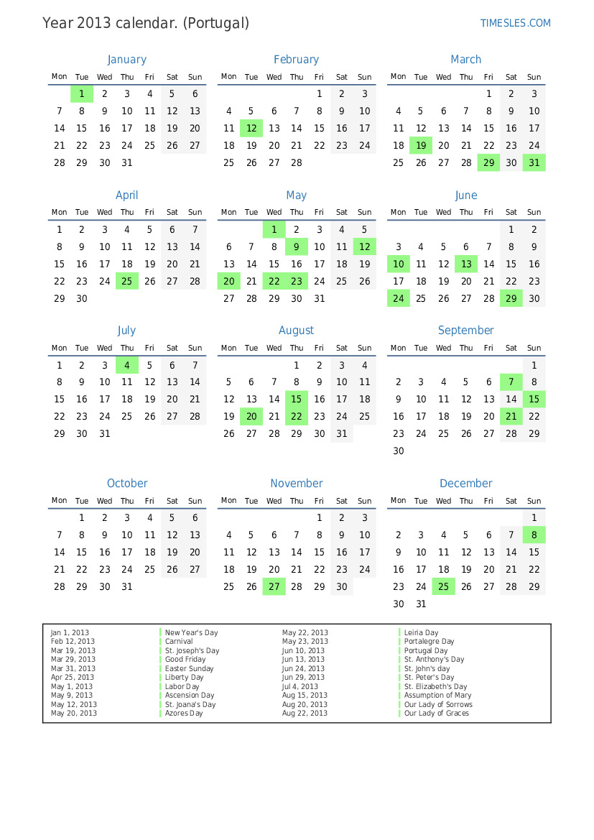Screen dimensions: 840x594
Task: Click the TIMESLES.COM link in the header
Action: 515,23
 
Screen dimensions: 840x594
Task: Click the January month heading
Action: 126,60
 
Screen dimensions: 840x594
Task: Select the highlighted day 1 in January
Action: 82,93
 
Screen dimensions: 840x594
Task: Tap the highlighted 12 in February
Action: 251,128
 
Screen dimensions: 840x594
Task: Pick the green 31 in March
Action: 534,162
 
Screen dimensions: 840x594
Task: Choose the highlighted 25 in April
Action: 127,281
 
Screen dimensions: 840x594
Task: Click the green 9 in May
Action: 297,246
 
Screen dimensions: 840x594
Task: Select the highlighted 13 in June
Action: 466,264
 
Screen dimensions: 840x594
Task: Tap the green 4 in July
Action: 127,365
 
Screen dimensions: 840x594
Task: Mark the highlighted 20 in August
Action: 251,416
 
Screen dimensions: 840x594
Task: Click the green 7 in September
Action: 511,382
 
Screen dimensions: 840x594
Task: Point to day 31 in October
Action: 127,586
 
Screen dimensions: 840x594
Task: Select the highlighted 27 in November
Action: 274,586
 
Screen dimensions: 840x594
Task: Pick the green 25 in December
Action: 443,586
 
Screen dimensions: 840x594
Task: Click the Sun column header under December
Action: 534,501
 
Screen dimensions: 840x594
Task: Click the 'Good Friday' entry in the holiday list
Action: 185,659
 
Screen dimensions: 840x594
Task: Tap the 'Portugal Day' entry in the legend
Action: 426,650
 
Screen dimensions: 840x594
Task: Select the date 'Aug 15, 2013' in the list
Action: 305,695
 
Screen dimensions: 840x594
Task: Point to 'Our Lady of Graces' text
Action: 436,713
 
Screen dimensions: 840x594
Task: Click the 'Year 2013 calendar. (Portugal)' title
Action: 146,23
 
